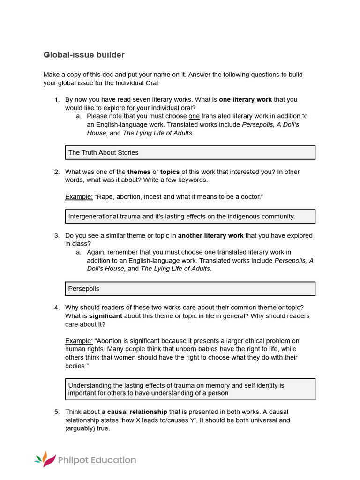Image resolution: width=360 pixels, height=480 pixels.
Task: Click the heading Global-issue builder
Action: click(84, 55)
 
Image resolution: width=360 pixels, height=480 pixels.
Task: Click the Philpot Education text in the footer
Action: click(97, 460)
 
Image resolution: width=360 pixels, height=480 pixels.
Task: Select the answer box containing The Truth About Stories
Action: click(190, 152)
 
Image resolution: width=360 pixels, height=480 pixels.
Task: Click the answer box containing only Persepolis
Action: click(190, 289)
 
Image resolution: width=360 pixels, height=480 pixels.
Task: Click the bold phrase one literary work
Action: click(245, 99)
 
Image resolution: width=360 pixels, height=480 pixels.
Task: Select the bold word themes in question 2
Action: click(139, 172)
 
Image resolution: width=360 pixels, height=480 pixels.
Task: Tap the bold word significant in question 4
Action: click(105, 316)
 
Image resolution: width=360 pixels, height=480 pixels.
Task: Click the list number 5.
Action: click(57, 412)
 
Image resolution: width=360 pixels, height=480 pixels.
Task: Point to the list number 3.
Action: click(57, 235)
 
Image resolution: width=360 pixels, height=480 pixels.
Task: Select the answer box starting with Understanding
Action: click(190, 389)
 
